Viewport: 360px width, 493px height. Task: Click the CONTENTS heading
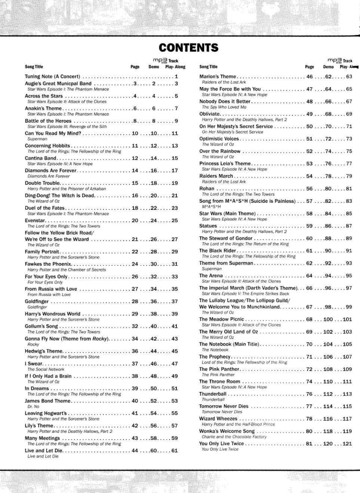click(x=188, y=48)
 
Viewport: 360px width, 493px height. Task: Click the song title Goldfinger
click(x=37, y=301)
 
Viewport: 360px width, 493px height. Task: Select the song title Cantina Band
click(x=40, y=158)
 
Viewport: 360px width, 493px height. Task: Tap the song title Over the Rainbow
click(x=220, y=151)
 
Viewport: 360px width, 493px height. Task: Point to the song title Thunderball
click(x=213, y=394)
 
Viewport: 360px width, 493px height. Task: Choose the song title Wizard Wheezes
click(x=218, y=419)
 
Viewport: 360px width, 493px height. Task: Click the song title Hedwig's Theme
click(x=43, y=351)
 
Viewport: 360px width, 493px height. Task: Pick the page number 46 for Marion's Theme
click(x=310, y=77)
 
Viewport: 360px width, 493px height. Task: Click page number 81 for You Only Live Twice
click(x=309, y=444)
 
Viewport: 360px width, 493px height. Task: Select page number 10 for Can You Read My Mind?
click(x=135, y=133)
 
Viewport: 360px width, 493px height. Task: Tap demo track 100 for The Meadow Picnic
click(x=328, y=319)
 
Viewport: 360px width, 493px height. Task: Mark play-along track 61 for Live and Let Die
click(x=175, y=451)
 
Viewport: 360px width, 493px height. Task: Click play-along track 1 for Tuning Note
click(x=176, y=77)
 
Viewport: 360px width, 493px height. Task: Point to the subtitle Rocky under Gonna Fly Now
click(x=33, y=344)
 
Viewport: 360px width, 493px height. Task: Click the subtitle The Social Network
click(x=46, y=369)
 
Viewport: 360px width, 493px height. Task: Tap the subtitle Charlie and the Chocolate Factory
click(x=234, y=437)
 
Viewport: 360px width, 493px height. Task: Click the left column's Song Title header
click(x=34, y=67)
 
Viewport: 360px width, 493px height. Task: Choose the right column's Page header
click(x=310, y=67)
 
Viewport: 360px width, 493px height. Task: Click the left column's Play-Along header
click(x=175, y=67)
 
